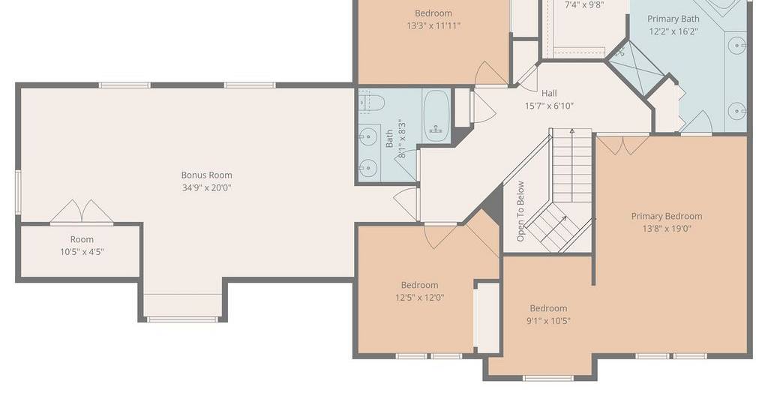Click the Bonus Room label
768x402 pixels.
[207, 175]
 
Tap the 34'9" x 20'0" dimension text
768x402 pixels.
[207, 187]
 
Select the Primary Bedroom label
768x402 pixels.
[667, 217]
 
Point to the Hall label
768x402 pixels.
[549, 93]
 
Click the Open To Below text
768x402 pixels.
[520, 211]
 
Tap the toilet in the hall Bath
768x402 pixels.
[371, 102]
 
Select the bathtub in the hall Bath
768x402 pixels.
[436, 116]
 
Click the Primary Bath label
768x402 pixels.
[673, 19]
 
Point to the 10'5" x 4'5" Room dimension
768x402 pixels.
[82, 252]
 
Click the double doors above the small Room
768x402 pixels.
[82, 212]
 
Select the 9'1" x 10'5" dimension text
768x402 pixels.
[548, 321]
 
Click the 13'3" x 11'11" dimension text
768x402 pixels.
[433, 26]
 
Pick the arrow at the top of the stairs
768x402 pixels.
[572, 132]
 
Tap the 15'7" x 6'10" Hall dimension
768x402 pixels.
[549, 106]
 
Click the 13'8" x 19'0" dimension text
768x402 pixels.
[667, 229]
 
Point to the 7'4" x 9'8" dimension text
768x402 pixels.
[583, 5]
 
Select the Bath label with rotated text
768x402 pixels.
[389, 139]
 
